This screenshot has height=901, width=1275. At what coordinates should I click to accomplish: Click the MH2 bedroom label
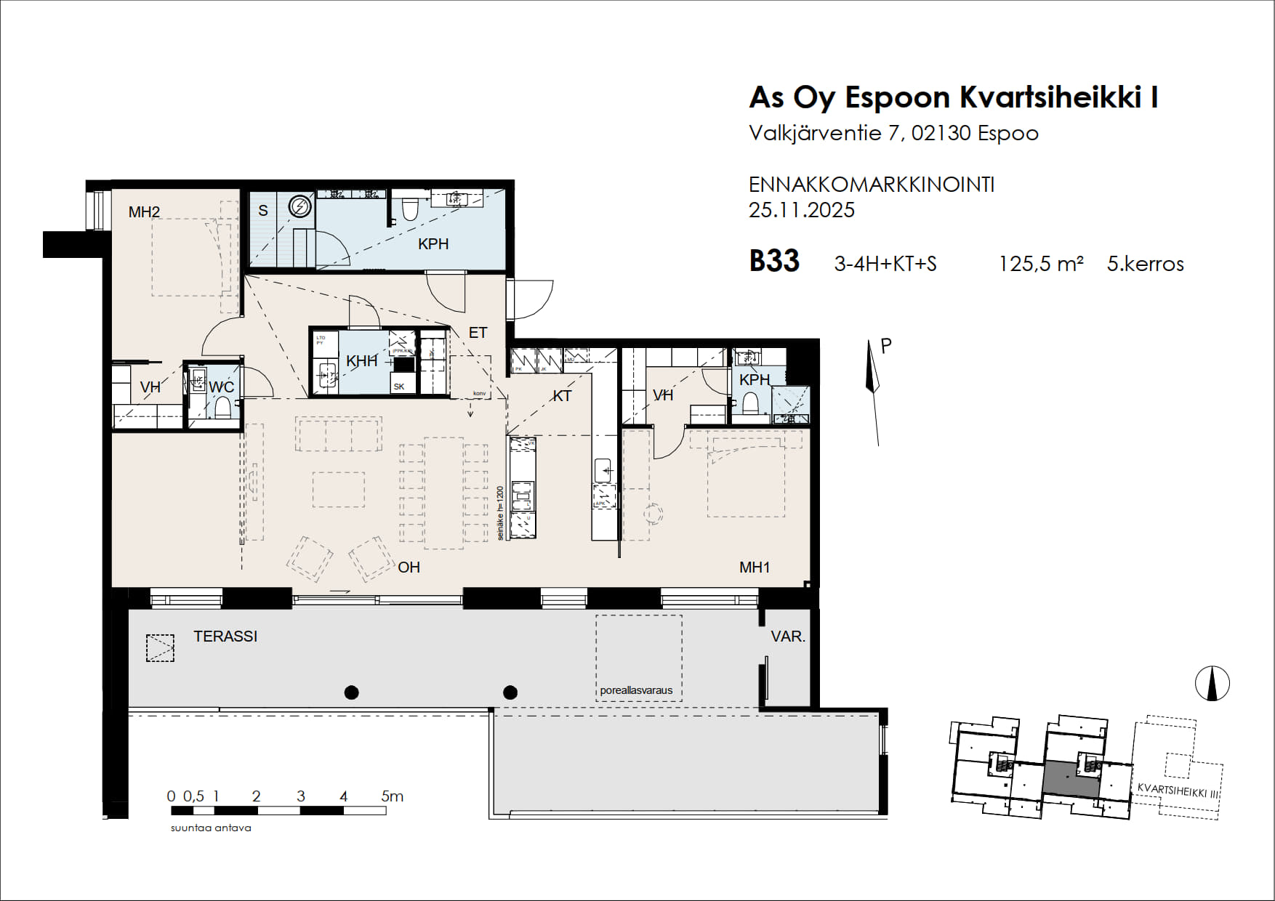coord(144,212)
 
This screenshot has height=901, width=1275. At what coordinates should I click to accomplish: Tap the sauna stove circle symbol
coord(299,207)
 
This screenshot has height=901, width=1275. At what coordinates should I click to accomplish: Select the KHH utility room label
coord(361,361)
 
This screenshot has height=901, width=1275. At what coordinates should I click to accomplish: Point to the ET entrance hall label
coord(478,333)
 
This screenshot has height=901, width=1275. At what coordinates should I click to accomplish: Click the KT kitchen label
coord(562,396)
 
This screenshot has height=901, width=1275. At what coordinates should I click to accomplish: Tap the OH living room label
coord(409,567)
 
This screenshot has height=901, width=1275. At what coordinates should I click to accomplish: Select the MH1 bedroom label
coord(755,567)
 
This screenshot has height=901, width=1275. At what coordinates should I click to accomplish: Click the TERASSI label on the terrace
coord(225,637)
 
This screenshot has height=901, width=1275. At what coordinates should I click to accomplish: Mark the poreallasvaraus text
coord(636,690)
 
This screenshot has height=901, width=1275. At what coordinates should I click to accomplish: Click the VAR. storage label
coord(788,637)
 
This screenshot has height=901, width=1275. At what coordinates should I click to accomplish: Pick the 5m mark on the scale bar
coord(392,796)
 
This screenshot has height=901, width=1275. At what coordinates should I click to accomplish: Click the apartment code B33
coord(774,262)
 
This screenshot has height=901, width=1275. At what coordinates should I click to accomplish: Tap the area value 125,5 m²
coord(1040,264)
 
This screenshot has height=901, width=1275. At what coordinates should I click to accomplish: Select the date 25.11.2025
coord(801,210)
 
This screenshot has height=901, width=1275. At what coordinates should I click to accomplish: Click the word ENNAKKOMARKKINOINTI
coord(871,185)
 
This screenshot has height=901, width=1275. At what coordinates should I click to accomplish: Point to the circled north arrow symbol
coord(1212,684)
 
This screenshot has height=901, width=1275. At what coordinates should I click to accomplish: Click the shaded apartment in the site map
coord(1070,779)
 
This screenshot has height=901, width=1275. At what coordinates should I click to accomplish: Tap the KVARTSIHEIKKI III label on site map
coord(1177,791)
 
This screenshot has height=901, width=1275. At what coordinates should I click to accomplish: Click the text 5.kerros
coord(1145,264)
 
